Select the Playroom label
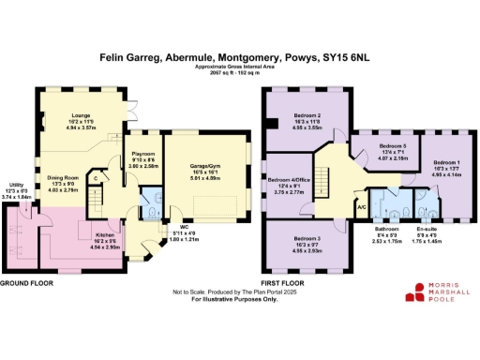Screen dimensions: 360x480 tap(142, 152)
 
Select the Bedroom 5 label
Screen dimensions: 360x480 tap(392, 147)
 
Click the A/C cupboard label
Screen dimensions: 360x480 tap(360, 206)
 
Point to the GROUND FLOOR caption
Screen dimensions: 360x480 tap(25, 282)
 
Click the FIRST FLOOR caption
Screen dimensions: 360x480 tap(283, 282)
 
